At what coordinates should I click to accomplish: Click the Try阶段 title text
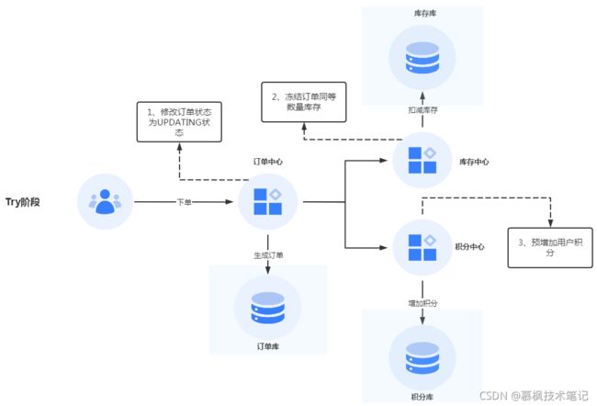click(x=22, y=202)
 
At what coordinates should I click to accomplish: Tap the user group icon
click(x=105, y=201)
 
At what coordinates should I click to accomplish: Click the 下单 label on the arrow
click(x=185, y=202)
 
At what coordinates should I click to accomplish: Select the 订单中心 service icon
click(x=267, y=202)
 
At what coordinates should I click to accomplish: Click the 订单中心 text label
click(x=268, y=162)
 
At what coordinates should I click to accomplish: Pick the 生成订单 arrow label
click(x=268, y=255)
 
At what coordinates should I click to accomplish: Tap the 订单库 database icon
click(x=267, y=308)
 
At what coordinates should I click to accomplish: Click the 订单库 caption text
click(x=267, y=346)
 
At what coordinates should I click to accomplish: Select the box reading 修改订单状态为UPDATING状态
click(x=179, y=122)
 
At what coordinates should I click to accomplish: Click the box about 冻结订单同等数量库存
click(x=304, y=102)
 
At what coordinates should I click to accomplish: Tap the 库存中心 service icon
click(x=422, y=160)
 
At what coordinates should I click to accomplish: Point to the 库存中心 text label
click(x=474, y=162)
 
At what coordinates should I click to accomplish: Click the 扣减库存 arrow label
click(x=422, y=110)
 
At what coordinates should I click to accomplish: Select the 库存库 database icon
click(x=422, y=58)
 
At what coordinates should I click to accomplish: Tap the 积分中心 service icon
click(x=422, y=247)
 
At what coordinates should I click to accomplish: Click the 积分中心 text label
click(x=470, y=247)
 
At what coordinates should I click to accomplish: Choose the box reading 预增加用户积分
click(x=550, y=248)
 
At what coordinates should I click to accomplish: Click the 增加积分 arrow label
click(x=422, y=303)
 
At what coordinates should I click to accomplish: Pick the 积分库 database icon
click(x=422, y=357)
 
